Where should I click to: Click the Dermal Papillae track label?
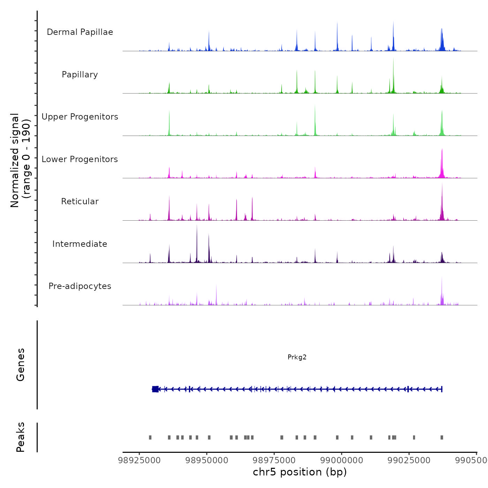point(80,32)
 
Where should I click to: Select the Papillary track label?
point(80,75)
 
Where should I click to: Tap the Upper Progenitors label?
point(80,117)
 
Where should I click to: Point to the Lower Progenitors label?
point(80,159)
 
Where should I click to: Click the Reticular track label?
point(80,201)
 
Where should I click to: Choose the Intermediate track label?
point(80,244)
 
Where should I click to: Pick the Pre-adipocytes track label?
point(80,286)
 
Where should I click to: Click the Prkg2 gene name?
point(297,357)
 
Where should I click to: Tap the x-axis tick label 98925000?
point(139,460)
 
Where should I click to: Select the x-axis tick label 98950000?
point(207,460)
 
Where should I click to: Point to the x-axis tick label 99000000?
point(342,460)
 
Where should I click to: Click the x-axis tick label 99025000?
point(409,460)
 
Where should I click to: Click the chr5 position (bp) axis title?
point(300,472)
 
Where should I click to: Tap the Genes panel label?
point(21,365)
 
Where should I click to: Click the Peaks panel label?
point(21,437)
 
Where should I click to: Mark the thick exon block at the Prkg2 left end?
point(155,389)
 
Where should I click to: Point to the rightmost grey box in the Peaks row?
point(442,437)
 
